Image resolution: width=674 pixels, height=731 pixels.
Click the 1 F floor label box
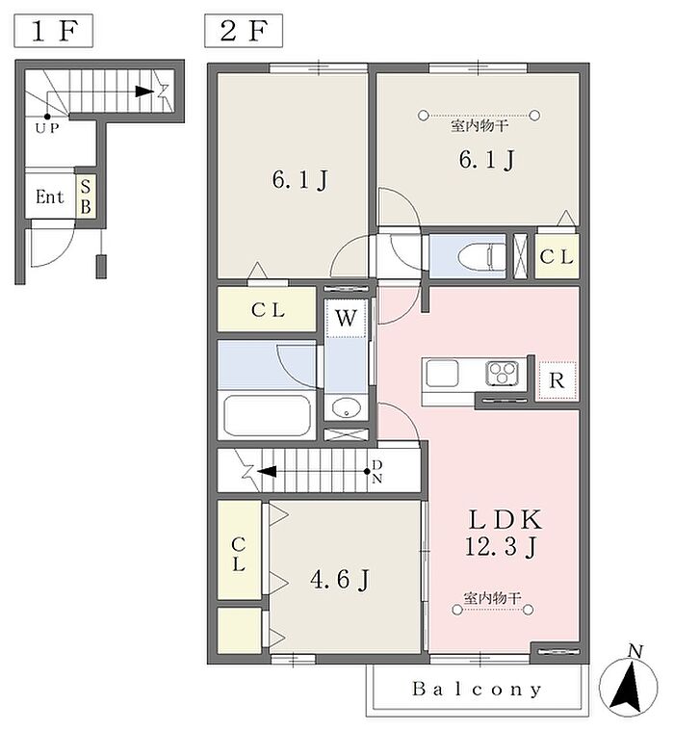[x=53, y=31]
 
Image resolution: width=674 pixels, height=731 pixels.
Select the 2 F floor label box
[x=244, y=31]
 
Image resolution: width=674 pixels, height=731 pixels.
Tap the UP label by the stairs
[x=47, y=128]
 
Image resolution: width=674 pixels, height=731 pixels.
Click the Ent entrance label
[x=49, y=196]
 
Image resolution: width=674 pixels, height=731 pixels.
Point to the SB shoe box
[x=86, y=196]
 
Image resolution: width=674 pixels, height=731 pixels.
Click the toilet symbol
[x=482, y=257]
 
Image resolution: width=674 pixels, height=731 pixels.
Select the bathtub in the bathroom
[x=267, y=415]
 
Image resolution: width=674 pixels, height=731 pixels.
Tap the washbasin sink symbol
[x=347, y=408]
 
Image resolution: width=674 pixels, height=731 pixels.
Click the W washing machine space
[x=346, y=318]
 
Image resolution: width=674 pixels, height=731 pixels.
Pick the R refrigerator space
[x=557, y=380]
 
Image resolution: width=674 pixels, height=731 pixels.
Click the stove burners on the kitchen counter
[x=502, y=373]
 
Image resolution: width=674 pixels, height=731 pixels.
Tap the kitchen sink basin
[x=442, y=374]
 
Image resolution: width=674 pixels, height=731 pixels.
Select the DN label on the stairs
[x=377, y=471]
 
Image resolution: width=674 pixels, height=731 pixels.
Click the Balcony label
[x=477, y=689]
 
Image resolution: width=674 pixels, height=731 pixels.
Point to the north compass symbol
[x=628, y=684]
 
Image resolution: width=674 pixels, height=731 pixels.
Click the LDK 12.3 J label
[x=504, y=533]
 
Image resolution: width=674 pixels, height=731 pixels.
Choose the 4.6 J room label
[x=340, y=580]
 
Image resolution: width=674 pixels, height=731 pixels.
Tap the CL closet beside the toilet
[x=557, y=256]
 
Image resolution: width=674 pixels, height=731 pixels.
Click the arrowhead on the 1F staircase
[x=144, y=91]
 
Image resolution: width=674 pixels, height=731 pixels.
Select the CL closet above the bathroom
[x=267, y=309]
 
